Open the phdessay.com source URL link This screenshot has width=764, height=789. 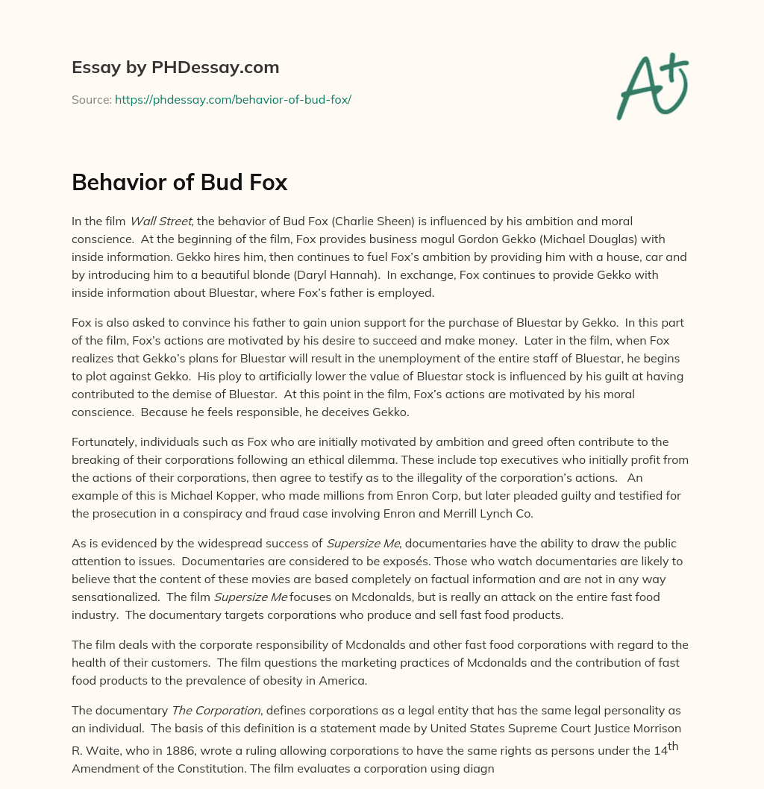(233, 99)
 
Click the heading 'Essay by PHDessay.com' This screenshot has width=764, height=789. (175, 68)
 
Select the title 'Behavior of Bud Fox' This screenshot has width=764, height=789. (179, 183)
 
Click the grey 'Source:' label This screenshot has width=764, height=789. (91, 99)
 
